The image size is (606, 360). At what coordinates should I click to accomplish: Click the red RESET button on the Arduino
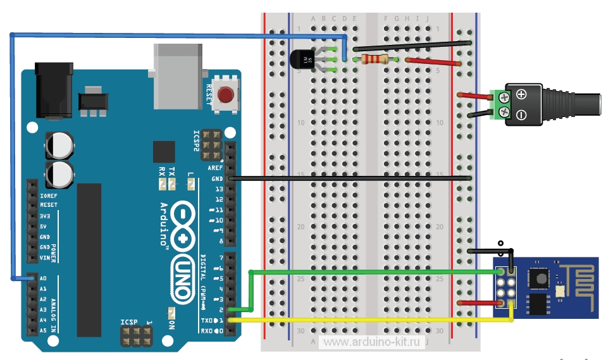[225, 96]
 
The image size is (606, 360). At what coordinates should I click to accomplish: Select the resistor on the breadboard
[373, 59]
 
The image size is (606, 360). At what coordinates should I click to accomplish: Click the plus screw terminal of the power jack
[504, 97]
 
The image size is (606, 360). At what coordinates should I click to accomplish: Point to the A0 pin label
[43, 278]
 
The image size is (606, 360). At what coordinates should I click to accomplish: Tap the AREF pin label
[216, 168]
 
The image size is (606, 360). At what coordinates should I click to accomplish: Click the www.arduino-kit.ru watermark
[371, 342]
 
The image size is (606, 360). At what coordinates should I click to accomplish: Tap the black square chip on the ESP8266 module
[540, 276]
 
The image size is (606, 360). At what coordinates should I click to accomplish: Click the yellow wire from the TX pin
[380, 321]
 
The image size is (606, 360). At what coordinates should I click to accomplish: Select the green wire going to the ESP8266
[380, 272]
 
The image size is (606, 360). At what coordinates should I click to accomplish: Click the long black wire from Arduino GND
[348, 178]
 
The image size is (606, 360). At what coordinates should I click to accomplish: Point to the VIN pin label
[45, 258]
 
